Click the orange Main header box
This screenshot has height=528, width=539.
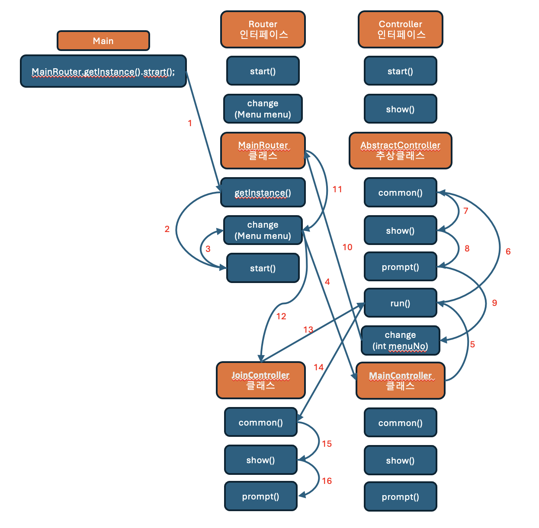103,41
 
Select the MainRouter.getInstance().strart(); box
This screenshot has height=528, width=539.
103,71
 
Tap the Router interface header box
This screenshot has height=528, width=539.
263,29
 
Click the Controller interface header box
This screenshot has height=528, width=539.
401,29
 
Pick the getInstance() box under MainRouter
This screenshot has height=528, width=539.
263,193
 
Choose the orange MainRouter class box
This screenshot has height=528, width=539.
263,150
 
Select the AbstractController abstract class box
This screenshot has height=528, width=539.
401,150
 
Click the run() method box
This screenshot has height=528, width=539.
401,303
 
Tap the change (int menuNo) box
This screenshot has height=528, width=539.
401,340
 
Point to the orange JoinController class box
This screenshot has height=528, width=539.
260,380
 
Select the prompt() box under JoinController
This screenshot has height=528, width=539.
260,496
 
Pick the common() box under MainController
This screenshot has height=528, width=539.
401,423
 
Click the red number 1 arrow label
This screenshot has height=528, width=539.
189,123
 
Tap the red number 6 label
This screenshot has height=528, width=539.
508,251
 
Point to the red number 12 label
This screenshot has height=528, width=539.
281,316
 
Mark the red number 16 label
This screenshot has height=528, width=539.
327,481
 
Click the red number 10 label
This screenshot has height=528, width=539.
347,247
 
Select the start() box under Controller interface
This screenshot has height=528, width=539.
401,71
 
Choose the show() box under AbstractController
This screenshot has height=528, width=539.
401,231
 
